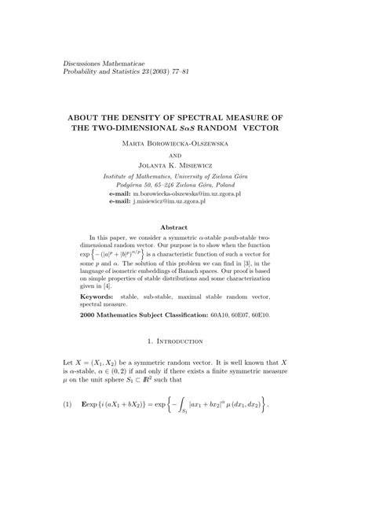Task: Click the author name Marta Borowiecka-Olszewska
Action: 186,145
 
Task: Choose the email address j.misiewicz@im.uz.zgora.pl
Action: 169,201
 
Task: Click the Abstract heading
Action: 185,227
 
